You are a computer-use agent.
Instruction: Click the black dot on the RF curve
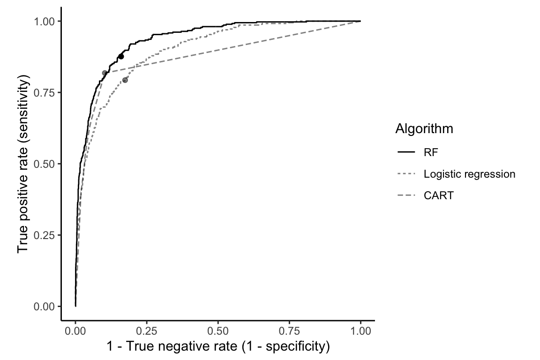pyautogui.click(x=121, y=56)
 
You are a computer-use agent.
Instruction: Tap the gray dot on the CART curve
pyautogui.click(x=105, y=73)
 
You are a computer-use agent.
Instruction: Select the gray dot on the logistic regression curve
pyautogui.click(x=125, y=80)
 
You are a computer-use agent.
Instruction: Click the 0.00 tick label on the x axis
pyautogui.click(x=75, y=330)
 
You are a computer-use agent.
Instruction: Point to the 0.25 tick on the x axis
pyautogui.click(x=147, y=330)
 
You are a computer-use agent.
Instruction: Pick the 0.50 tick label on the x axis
pyautogui.click(x=218, y=330)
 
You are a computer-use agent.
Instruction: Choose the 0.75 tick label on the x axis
pyautogui.click(x=289, y=330)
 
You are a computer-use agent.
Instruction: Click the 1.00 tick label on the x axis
pyautogui.click(x=360, y=330)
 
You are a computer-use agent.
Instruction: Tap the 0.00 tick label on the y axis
pyautogui.click(x=47, y=306)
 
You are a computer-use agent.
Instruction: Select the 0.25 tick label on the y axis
pyautogui.click(x=47, y=235)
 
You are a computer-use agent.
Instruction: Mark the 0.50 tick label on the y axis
pyautogui.click(x=47, y=164)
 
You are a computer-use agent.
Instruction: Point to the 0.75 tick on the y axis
pyautogui.click(x=47, y=92)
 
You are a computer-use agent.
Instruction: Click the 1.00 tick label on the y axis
pyautogui.click(x=47, y=21)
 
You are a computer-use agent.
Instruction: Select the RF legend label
pyautogui.click(x=431, y=152)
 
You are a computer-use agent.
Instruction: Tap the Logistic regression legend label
pyautogui.click(x=469, y=174)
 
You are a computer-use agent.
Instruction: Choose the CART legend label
pyautogui.click(x=438, y=196)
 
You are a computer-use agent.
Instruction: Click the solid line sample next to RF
pyautogui.click(x=406, y=152)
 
